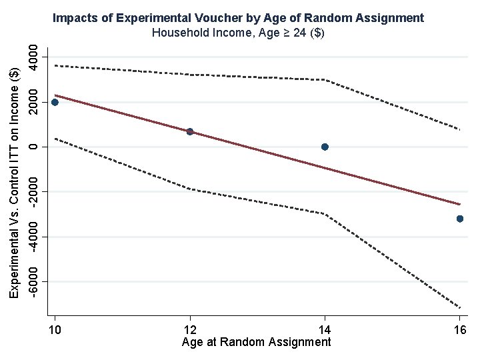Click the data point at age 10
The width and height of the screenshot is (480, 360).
pyautogui.click(x=55, y=102)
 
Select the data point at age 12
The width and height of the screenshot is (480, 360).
pyautogui.click(x=190, y=131)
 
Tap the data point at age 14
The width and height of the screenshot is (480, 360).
pyautogui.click(x=325, y=147)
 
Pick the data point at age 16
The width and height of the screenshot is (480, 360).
pyautogui.click(x=459, y=219)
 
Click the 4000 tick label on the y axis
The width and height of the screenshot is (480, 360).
pyautogui.click(x=33, y=57)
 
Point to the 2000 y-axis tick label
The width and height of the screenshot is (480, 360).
pyautogui.click(x=33, y=102)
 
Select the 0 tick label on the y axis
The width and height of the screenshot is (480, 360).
pyautogui.click(x=33, y=147)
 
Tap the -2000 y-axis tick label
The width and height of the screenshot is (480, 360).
pyautogui.click(x=33, y=192)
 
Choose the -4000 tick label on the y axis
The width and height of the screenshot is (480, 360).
pyautogui.click(x=33, y=237)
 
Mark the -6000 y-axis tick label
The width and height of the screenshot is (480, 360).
pyautogui.click(x=33, y=281)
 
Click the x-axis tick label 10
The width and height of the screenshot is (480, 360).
pyautogui.click(x=55, y=330)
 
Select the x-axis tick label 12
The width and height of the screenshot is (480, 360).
pyautogui.click(x=190, y=330)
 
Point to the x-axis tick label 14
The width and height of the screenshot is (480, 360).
pyautogui.click(x=325, y=330)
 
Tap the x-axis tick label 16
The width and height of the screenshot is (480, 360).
pyautogui.click(x=460, y=330)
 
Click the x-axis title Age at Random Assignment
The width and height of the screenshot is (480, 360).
pyautogui.click(x=256, y=342)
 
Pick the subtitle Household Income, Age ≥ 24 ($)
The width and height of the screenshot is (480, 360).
pyautogui.click(x=238, y=33)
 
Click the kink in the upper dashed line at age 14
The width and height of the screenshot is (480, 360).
pyautogui.click(x=325, y=79)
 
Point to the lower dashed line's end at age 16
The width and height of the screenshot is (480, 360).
pyautogui.click(x=460, y=307)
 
